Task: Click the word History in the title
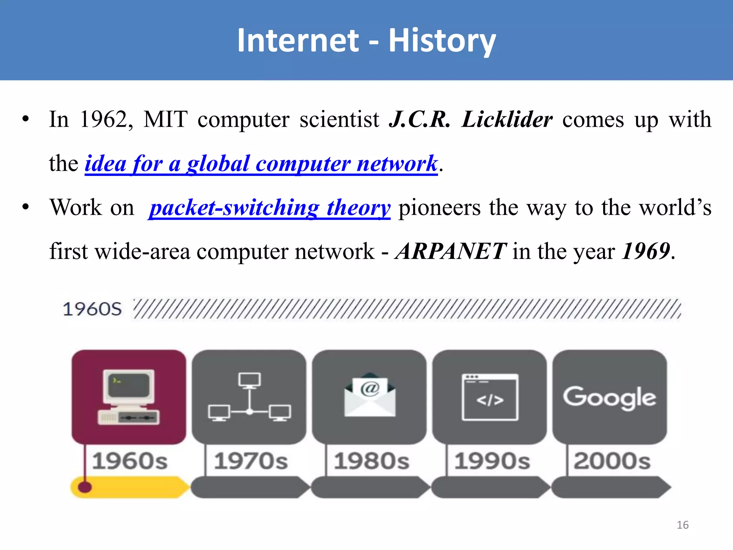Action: [x=442, y=41]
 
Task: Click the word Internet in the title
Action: [x=298, y=40]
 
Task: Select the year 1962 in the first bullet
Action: [x=103, y=119]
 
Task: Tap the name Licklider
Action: [x=507, y=119]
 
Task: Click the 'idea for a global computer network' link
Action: [x=261, y=164]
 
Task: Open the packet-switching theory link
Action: [x=269, y=208]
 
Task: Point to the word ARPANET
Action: [x=451, y=251]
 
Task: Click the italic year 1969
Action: [x=646, y=251]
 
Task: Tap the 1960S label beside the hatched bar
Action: [x=92, y=309]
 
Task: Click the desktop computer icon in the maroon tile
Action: [x=128, y=397]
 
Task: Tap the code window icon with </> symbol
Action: [x=490, y=397]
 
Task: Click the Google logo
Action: [x=610, y=397]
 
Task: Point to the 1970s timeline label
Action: [x=251, y=461]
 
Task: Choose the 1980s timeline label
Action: [x=372, y=461]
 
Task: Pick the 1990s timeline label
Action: [x=492, y=461]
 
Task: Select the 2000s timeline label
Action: [x=612, y=461]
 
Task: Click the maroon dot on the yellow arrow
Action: [x=85, y=487]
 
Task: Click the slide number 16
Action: [x=683, y=525]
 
